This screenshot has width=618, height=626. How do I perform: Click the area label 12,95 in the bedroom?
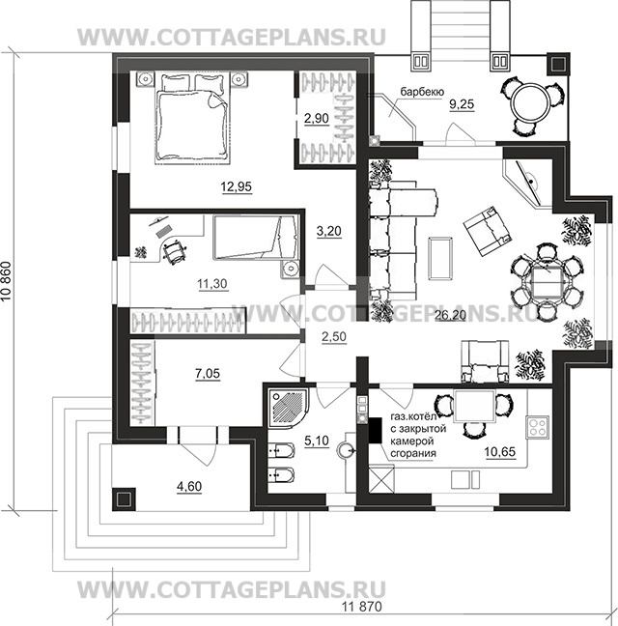click(237, 186)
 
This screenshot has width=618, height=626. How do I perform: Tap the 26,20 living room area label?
click(450, 315)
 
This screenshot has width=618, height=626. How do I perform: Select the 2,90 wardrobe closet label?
click(317, 118)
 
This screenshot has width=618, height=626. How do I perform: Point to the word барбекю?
click(422, 92)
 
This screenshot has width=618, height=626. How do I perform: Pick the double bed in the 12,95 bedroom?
click(192, 118)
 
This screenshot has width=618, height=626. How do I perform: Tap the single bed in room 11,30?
click(256, 237)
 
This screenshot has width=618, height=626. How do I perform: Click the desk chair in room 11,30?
click(174, 250)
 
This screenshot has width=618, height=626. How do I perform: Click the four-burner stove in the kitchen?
click(538, 427)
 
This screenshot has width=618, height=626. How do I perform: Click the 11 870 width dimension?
click(362, 607)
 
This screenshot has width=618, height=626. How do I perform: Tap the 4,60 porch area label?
click(189, 486)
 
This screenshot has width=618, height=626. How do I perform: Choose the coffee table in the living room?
click(440, 258)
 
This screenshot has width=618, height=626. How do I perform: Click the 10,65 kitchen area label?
click(500, 451)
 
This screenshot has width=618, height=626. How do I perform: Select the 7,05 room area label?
click(208, 373)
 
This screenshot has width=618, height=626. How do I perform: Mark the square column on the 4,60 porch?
click(124, 499)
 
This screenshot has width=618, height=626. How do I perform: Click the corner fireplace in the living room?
click(527, 184)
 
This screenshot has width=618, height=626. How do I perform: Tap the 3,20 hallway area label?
click(328, 231)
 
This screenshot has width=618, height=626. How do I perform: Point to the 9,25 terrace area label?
click(462, 104)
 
